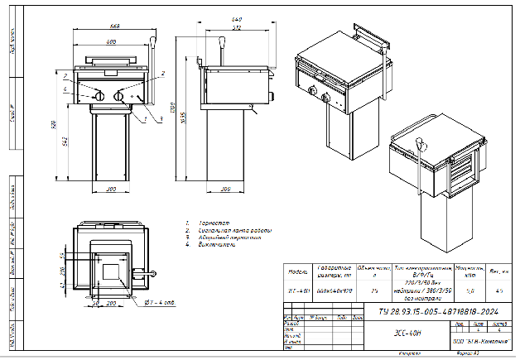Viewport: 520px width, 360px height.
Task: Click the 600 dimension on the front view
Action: [x=110, y=41]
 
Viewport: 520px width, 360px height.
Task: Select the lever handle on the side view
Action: [x=222, y=41]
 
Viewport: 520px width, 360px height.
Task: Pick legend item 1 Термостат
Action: [x=202, y=223]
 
